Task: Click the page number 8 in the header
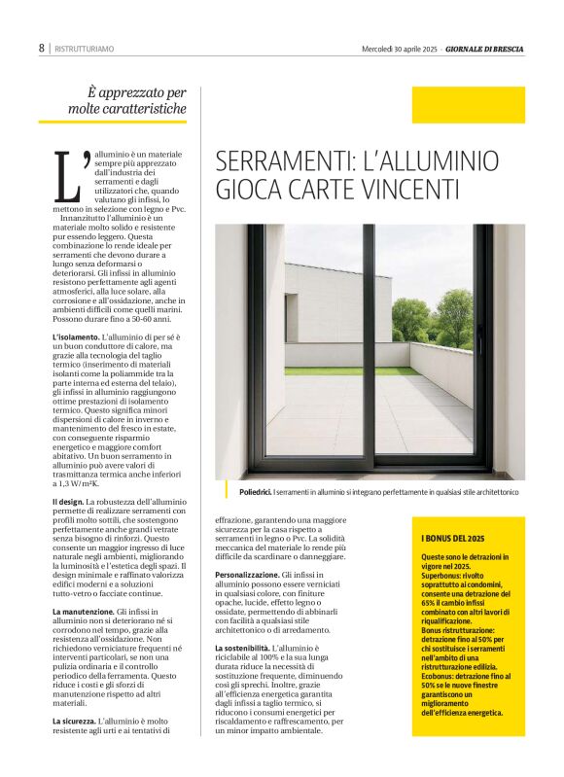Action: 42,48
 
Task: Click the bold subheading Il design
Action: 68,502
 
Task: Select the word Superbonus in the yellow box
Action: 443,573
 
